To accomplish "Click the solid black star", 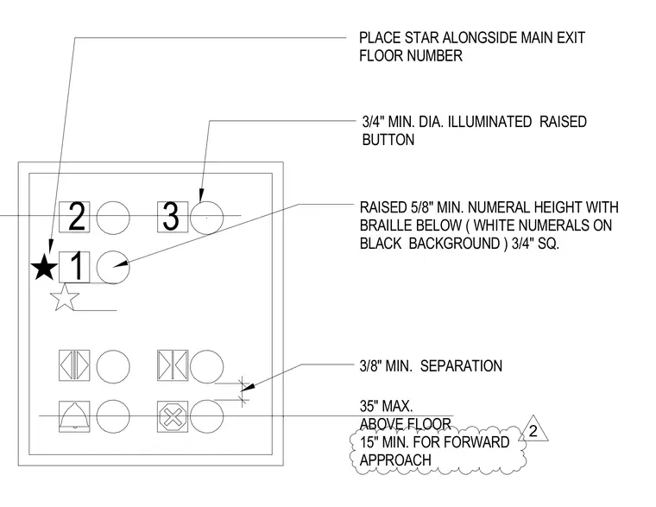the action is pyautogui.click(x=44, y=267).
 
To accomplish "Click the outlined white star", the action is pyautogui.click(x=65, y=297).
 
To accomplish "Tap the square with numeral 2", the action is pyautogui.click(x=74, y=217).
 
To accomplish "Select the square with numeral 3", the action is pyautogui.click(x=173, y=217).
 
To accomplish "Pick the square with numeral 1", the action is pyautogui.click(x=74, y=267).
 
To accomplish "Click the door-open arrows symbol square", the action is pyautogui.click(x=74, y=365).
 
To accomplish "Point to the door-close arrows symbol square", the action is pyautogui.click(x=173, y=365).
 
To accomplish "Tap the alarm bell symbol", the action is pyautogui.click(x=74, y=416).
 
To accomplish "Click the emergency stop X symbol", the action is pyautogui.click(x=173, y=416).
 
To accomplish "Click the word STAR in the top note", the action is pyautogui.click(x=421, y=38).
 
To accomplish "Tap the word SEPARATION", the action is pyautogui.click(x=461, y=366).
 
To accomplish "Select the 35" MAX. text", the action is pyautogui.click(x=386, y=406).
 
